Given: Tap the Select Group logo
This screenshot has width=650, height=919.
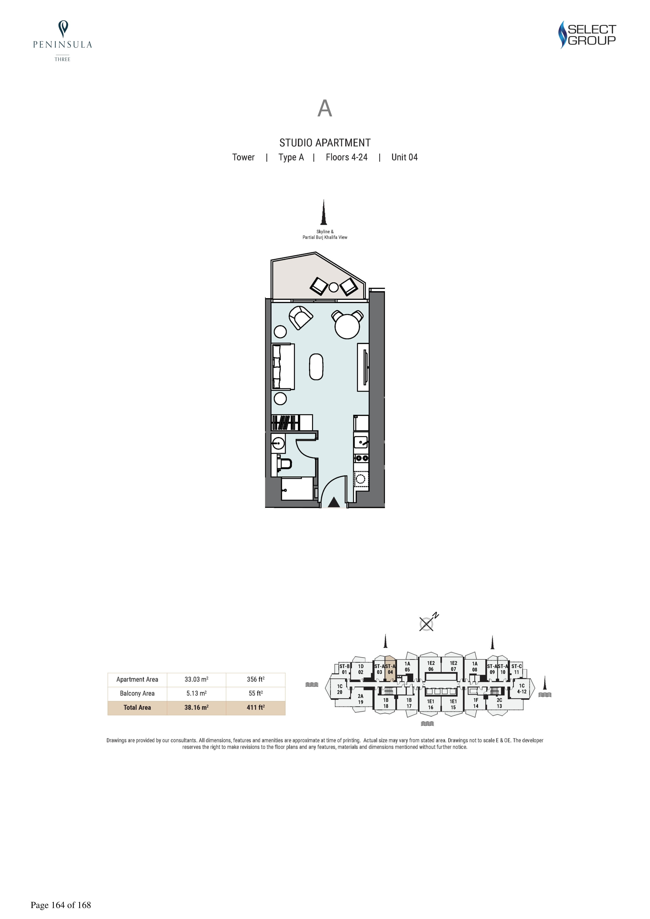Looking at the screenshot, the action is pyautogui.click(x=587, y=35).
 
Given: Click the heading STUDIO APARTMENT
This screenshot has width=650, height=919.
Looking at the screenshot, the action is pyautogui.click(x=325, y=143).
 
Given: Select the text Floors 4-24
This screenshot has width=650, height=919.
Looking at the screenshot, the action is pyautogui.click(x=347, y=157).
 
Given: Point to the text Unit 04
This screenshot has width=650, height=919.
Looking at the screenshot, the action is pyautogui.click(x=405, y=157).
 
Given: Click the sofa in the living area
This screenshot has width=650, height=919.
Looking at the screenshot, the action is pyautogui.click(x=283, y=367).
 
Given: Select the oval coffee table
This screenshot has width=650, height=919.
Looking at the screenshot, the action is pyautogui.click(x=317, y=367).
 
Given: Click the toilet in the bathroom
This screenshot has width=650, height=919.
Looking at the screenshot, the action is pyautogui.click(x=284, y=464).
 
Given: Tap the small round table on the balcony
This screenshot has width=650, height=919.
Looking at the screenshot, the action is pyautogui.click(x=333, y=287).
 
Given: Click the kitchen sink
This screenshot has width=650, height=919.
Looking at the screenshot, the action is pyautogui.click(x=361, y=442).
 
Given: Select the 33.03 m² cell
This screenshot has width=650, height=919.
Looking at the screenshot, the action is pyautogui.click(x=196, y=680).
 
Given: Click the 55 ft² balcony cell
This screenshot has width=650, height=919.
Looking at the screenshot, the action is pyautogui.click(x=255, y=693).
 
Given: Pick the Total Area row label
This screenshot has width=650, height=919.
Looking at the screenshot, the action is pyautogui.click(x=137, y=707).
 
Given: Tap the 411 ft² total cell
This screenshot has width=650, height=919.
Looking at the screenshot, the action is pyautogui.click(x=255, y=707).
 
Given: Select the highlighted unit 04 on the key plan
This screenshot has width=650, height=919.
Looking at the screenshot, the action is pyautogui.click(x=390, y=669).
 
